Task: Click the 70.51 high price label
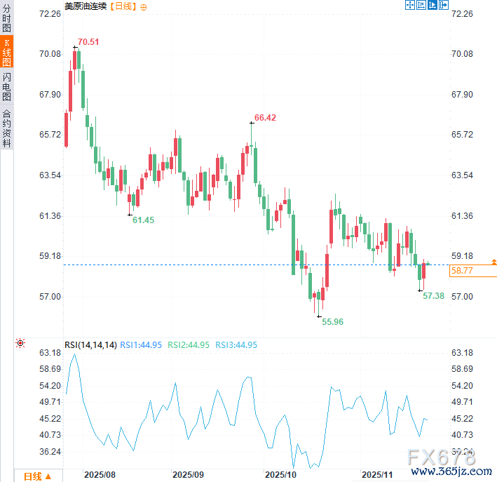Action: [x=88, y=42]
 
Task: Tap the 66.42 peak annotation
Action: [x=265, y=118]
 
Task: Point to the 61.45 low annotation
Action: [x=143, y=220]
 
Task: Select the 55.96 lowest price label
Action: [x=332, y=321]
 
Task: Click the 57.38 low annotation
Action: [x=433, y=296]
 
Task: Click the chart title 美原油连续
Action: [x=86, y=6]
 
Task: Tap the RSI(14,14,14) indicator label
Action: [x=90, y=344]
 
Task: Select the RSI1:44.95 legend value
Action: [x=141, y=344]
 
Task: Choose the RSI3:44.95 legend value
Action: [x=236, y=344]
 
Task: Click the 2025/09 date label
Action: [x=187, y=475]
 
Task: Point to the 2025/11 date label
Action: [x=376, y=475]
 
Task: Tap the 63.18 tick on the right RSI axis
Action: [x=463, y=352]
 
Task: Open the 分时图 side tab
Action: [x=6, y=18]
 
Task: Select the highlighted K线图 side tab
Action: [x=6, y=52]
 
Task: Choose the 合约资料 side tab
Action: [x=6, y=127]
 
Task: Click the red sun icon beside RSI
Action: [x=20, y=343]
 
